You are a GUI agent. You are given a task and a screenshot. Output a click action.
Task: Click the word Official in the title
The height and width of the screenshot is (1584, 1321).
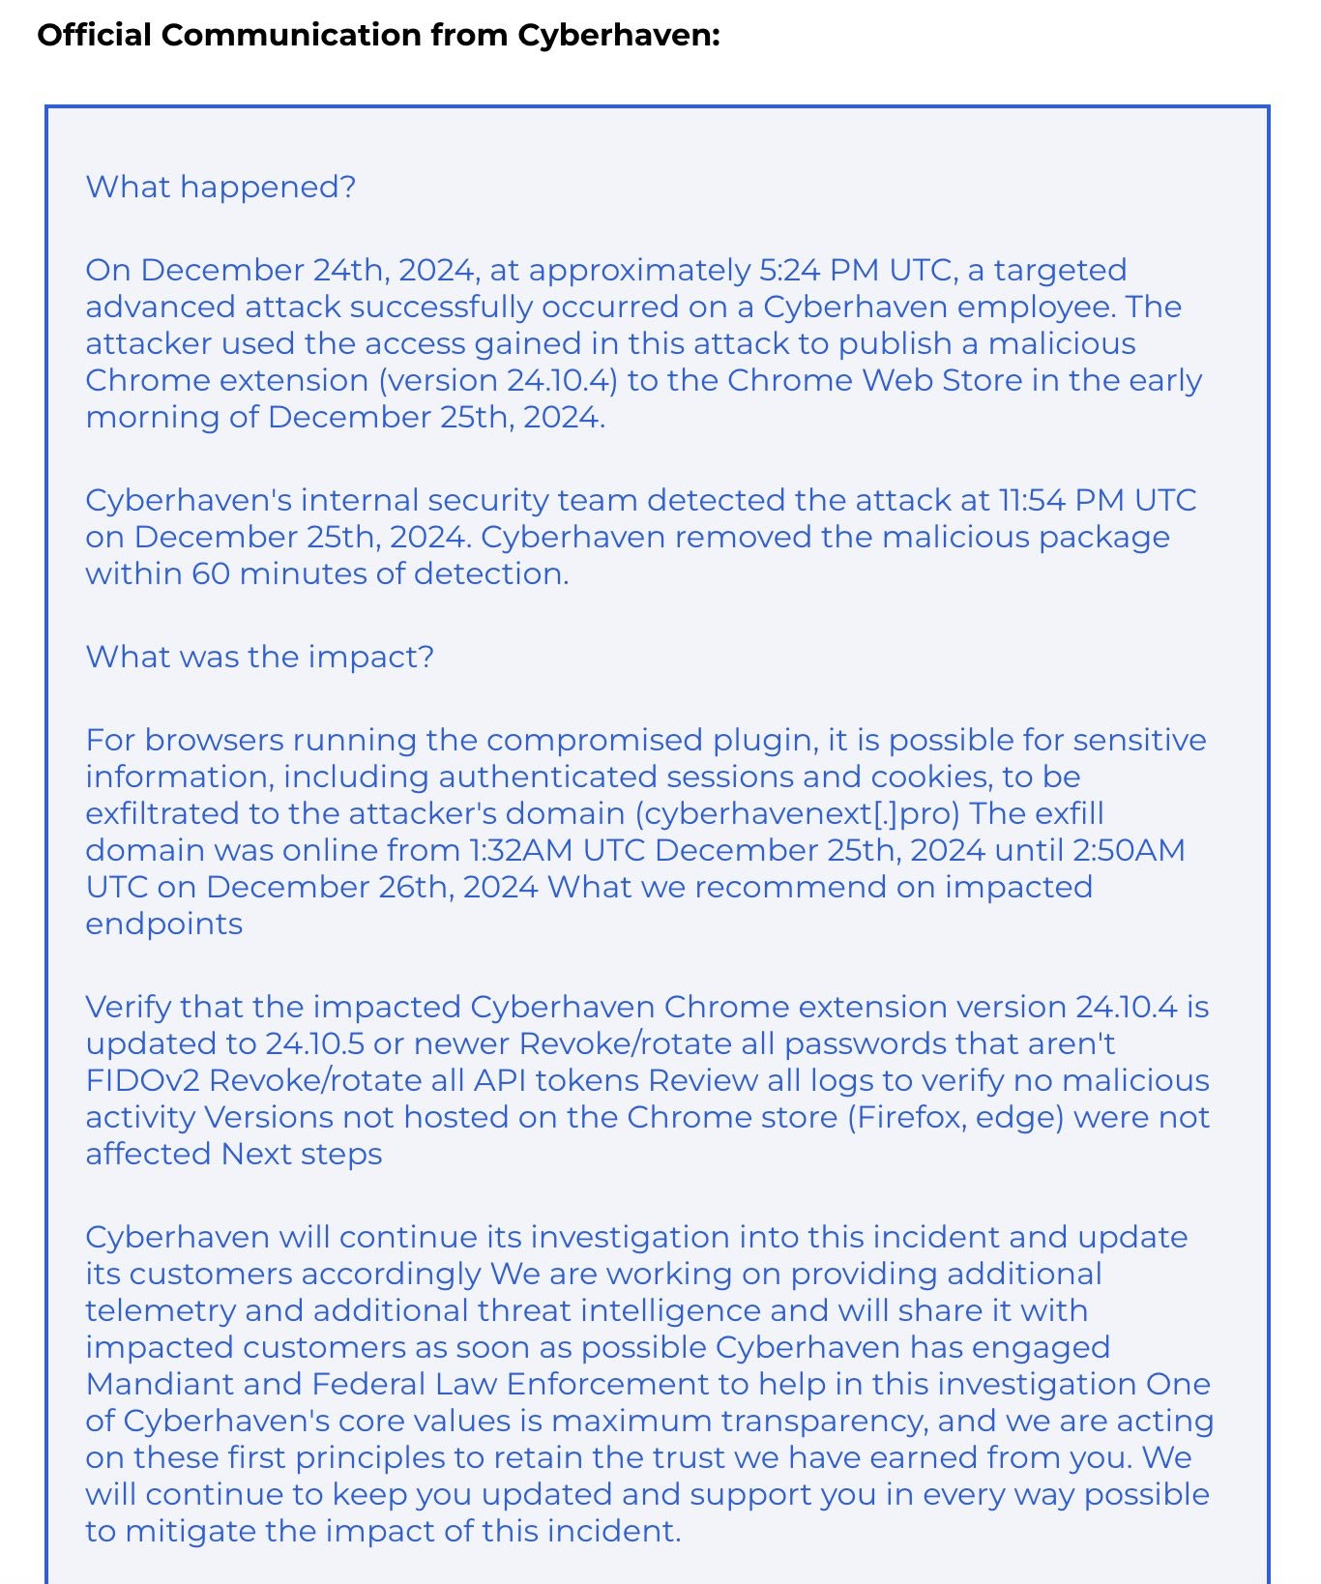(95, 36)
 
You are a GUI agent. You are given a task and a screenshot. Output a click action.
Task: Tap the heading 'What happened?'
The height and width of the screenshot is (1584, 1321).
(220, 187)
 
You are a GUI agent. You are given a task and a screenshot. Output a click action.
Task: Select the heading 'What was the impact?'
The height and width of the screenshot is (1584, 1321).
(259, 657)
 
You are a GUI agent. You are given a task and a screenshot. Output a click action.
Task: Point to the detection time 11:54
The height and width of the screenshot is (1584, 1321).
(1029, 500)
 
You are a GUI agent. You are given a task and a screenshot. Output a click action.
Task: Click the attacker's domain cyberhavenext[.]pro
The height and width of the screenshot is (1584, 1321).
(797, 813)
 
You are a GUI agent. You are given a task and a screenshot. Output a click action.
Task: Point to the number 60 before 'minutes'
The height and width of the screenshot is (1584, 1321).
(210, 573)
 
